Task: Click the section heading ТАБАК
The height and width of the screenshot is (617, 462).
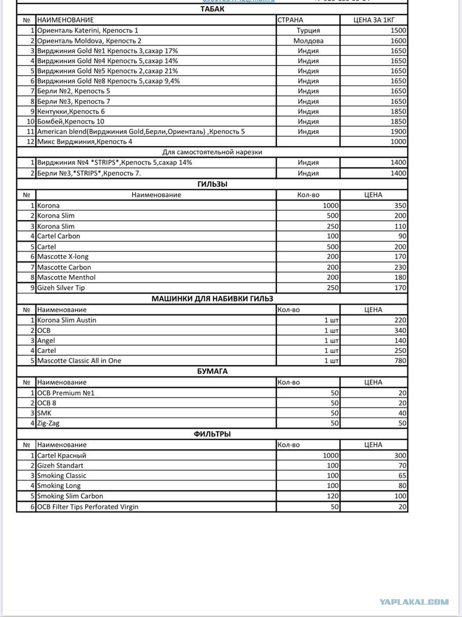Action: tap(212, 9)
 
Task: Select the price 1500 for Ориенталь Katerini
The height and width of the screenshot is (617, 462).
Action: tap(398, 30)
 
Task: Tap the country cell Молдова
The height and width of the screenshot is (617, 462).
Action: tap(308, 41)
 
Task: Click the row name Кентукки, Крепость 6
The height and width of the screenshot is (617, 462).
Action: tap(71, 111)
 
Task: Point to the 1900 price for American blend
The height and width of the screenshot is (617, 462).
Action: tap(398, 131)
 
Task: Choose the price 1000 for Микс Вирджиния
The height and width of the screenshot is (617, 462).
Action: tap(398, 142)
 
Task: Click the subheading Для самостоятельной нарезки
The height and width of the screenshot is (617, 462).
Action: tap(212, 152)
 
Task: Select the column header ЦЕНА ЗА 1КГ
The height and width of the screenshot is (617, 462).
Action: tap(374, 20)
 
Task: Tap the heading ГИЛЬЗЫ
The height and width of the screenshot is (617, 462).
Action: tap(212, 184)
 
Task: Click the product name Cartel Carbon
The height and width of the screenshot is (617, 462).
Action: tap(58, 236)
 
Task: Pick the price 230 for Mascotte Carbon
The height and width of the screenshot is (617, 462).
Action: tap(400, 267)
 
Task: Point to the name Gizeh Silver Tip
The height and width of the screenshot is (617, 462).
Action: tap(61, 288)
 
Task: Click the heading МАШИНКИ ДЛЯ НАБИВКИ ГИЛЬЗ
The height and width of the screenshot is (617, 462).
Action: tap(212, 299)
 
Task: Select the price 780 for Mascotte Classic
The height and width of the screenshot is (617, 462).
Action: tap(400, 361)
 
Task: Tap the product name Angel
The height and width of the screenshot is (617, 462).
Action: tap(46, 340)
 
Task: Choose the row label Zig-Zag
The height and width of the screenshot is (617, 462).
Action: tap(48, 423)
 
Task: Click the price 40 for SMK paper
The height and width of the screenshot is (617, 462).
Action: tap(402, 413)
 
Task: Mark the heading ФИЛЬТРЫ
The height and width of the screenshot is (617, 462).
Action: tap(212, 434)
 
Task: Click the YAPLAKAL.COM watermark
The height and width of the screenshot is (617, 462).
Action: tap(414, 602)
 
